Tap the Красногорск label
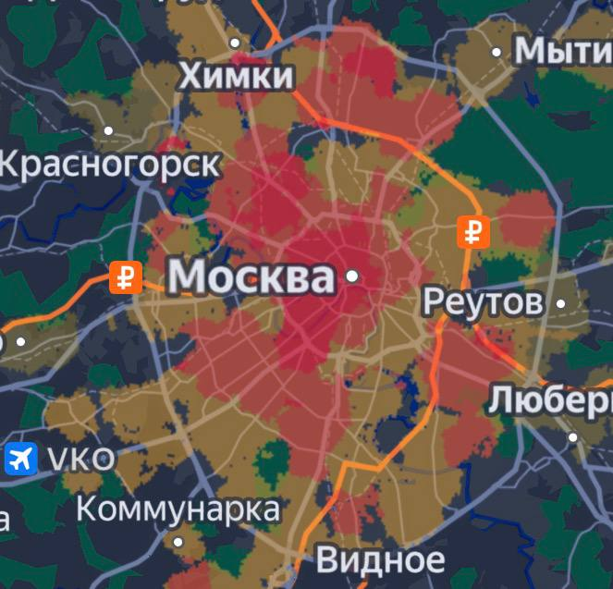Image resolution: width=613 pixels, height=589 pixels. [x=110, y=165]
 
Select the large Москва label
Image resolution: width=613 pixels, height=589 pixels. [x=251, y=276]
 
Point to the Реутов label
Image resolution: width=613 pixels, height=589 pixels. [x=483, y=301]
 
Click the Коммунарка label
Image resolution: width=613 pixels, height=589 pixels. [x=178, y=508]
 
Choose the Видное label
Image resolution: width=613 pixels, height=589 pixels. [x=380, y=558]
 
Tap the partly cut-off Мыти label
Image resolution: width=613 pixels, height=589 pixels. [x=562, y=52]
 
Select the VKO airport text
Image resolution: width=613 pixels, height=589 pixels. [x=81, y=458]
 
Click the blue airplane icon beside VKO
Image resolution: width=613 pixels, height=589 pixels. [x=19, y=458]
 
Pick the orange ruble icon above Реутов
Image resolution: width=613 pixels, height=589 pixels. [x=473, y=231]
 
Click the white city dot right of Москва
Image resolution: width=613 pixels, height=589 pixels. [x=351, y=276]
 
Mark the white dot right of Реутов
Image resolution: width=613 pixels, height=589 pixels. [x=561, y=302]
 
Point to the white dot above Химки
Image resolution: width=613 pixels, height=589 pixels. [x=235, y=43]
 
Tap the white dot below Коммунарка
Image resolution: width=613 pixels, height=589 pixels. [x=178, y=542]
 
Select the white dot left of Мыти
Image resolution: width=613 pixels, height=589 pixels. [x=497, y=52]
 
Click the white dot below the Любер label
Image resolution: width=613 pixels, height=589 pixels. [x=572, y=437]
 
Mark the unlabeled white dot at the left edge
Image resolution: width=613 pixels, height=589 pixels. [x=20, y=341]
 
